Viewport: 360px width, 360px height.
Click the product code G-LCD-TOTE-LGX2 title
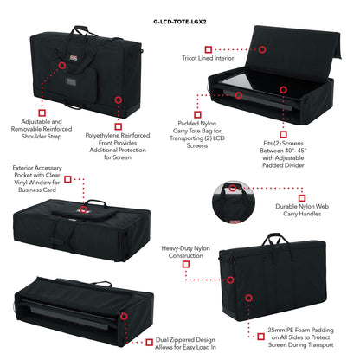click(x=180, y=8)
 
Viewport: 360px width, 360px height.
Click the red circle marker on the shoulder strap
click(x=61, y=65)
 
